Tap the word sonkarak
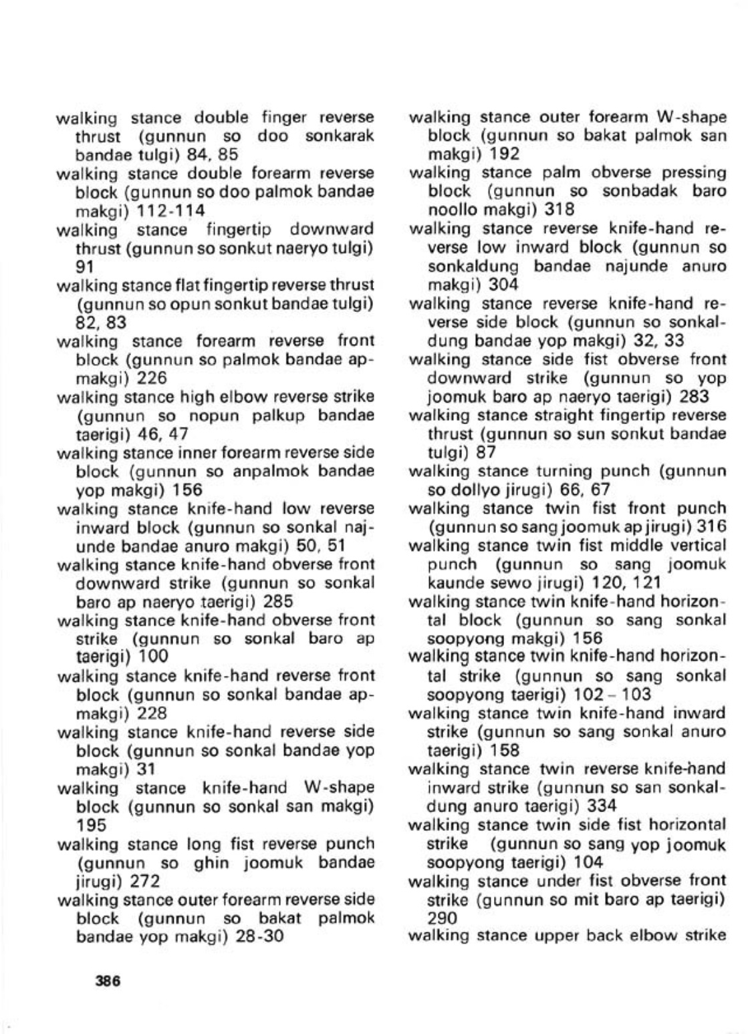click(339, 136)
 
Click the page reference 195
click(92, 825)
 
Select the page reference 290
click(443, 918)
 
